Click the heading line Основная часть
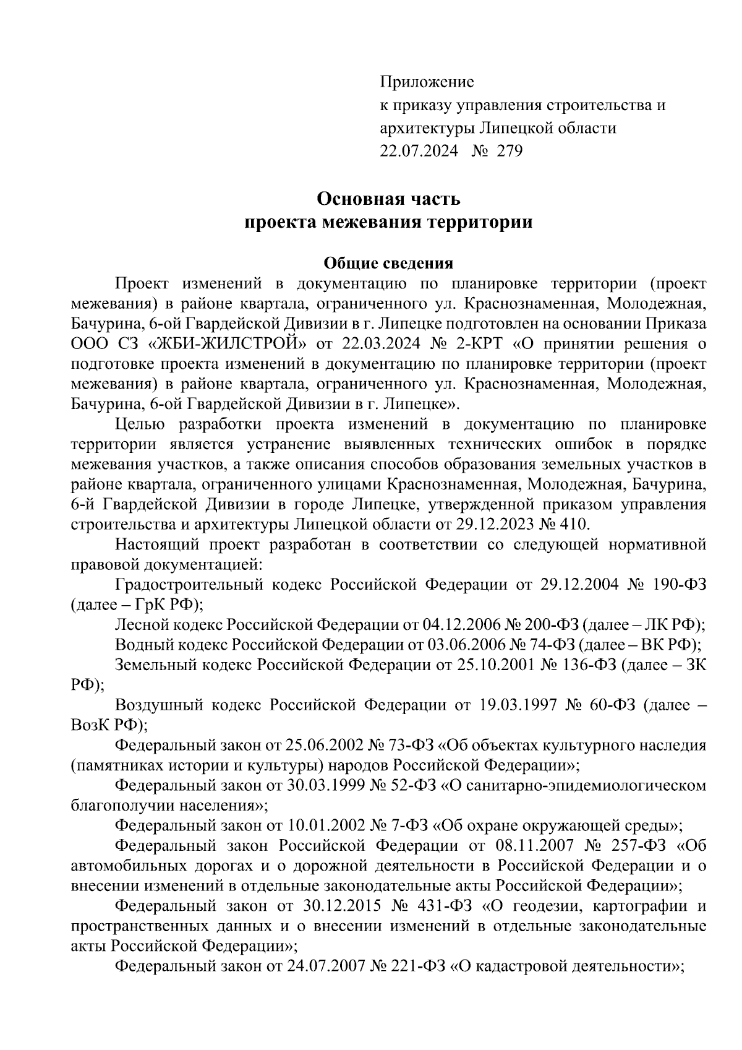point(388,199)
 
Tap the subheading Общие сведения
point(388,263)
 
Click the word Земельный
point(153,665)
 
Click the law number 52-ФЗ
point(413,785)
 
